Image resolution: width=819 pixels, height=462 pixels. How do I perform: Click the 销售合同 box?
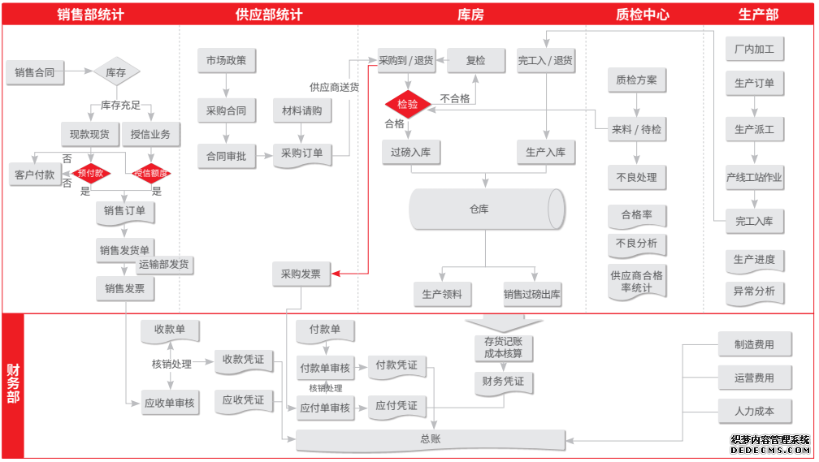34,72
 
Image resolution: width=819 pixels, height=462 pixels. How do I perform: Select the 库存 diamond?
116,72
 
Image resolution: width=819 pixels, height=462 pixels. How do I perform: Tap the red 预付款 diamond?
90,173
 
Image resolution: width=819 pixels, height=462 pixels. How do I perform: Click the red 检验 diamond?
408,104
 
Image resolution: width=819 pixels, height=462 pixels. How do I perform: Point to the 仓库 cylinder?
486,209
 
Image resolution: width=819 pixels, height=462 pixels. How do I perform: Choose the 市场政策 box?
226,60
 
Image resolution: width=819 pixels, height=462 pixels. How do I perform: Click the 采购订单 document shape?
302,153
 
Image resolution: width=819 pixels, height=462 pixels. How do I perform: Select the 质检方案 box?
636,80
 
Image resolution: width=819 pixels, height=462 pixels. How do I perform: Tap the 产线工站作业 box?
755,178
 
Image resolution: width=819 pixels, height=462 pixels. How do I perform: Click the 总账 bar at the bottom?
431,440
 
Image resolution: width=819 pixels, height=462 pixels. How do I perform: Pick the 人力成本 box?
754,411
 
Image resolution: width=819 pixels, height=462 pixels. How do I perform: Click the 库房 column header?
472,14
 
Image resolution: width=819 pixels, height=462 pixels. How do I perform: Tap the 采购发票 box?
301,274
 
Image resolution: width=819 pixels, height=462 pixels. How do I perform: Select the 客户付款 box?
35,175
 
